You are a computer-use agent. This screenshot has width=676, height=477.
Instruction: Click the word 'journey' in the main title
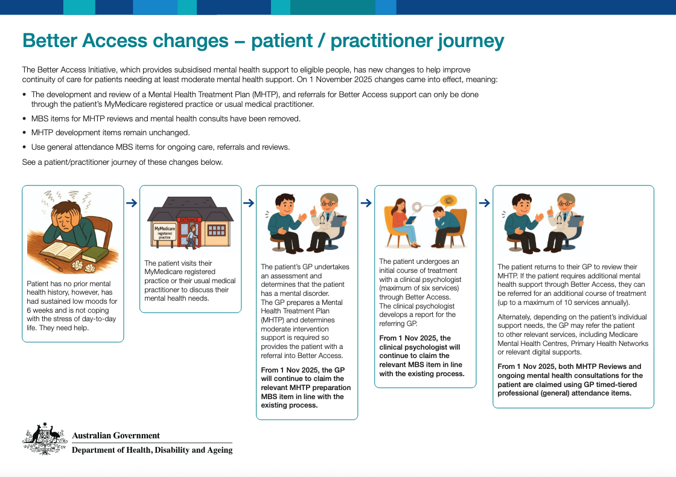point(465,40)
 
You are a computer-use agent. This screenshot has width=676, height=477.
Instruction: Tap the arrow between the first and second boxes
point(132,203)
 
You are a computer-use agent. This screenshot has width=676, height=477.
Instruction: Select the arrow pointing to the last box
point(484,203)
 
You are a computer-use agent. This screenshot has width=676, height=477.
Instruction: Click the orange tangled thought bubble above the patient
point(447,200)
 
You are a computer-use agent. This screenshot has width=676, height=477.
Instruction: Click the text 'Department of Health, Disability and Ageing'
point(152,450)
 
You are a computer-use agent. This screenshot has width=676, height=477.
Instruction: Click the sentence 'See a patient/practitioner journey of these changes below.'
point(123,162)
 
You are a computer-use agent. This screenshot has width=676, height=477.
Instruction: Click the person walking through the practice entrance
point(191,235)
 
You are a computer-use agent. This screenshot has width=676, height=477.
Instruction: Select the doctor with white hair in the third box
point(327,223)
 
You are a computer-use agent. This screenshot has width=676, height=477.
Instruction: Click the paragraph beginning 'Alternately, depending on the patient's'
point(572,335)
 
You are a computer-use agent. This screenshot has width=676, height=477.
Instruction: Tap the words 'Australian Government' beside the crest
point(116,435)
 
